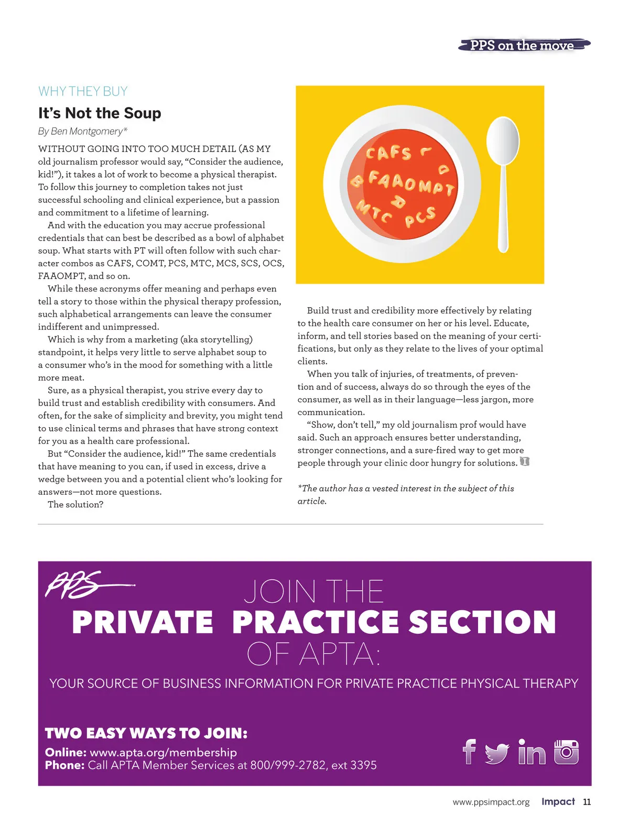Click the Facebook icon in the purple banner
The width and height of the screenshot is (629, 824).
tap(469, 752)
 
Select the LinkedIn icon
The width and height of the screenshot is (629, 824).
tap(532, 752)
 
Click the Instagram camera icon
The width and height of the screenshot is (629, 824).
tap(566, 752)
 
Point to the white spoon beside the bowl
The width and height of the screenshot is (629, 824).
tap(503, 178)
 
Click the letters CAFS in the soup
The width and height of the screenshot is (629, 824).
tap(388, 153)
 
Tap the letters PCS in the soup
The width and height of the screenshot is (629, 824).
tap(420, 216)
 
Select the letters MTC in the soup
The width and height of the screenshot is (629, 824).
tap(374, 211)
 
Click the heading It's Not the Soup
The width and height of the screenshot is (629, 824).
tap(100, 113)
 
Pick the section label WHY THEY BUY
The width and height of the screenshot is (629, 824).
tap(83, 91)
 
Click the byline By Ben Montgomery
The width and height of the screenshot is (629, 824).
tap(82, 131)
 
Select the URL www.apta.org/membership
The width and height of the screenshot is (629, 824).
tap(163, 752)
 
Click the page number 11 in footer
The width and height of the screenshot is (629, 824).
tap(587, 802)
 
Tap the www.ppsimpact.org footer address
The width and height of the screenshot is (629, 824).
tap(491, 802)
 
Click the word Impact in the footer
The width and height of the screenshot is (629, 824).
tap(558, 801)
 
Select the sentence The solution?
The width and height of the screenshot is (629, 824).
tap(75, 504)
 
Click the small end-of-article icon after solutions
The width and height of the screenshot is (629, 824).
tap(524, 462)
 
